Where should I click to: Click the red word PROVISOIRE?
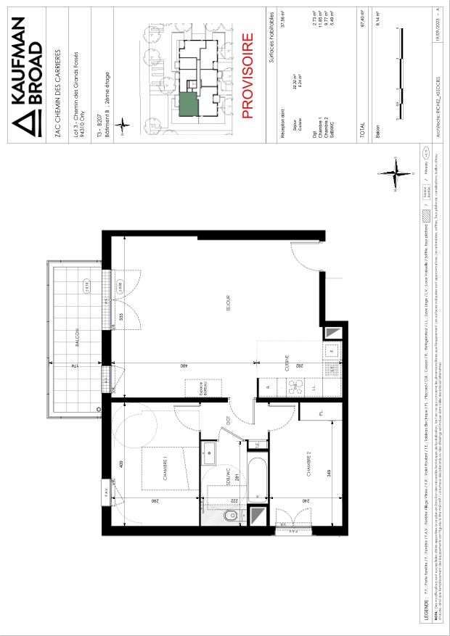click(x=247, y=75)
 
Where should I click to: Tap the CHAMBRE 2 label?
click(x=307, y=464)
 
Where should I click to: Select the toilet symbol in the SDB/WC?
click(x=229, y=515)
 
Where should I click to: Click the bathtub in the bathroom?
click(x=258, y=479)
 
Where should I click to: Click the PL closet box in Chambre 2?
click(x=319, y=414)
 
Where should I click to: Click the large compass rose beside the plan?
click(x=393, y=173)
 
